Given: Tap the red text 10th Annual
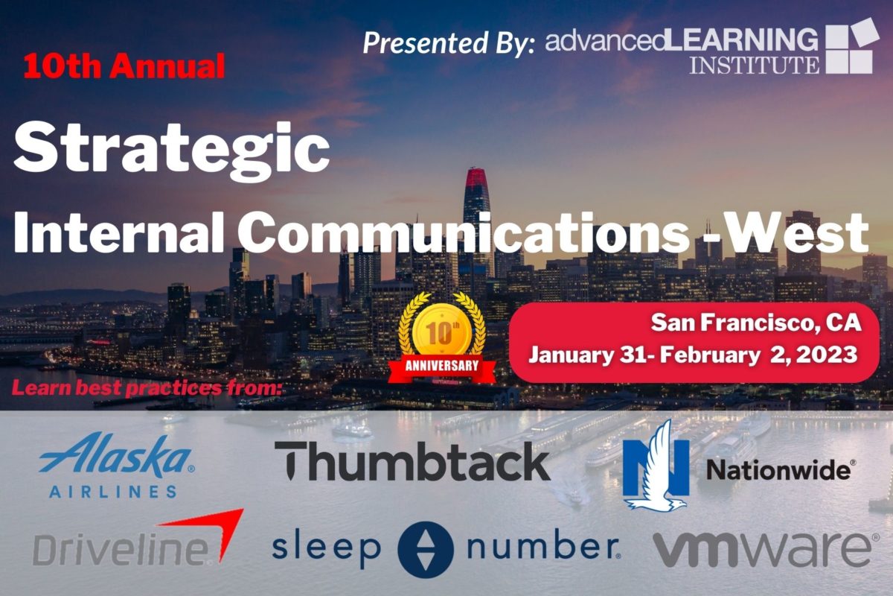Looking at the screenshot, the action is click(124, 66).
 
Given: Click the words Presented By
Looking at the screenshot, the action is click(449, 42).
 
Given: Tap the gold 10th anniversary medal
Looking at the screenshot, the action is click(442, 332).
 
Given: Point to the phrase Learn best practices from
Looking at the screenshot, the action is click(147, 388).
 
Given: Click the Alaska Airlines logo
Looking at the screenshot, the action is click(117, 466).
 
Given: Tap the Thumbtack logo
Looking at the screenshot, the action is click(412, 460).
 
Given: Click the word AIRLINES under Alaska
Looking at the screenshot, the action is click(113, 492).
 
